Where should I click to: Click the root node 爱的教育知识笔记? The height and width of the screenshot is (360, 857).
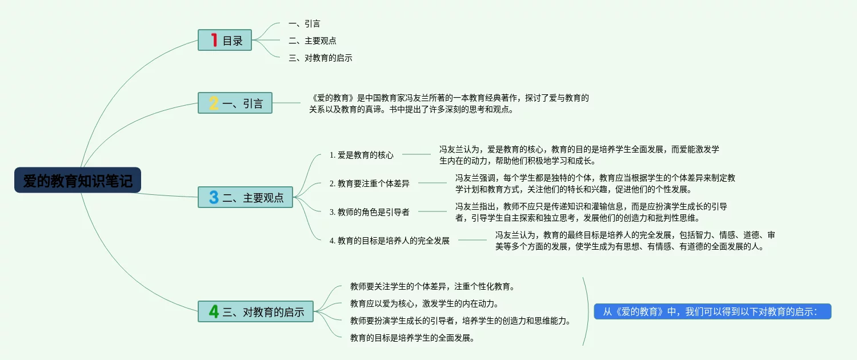[78, 180]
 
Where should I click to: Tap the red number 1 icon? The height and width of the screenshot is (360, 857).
[214, 40]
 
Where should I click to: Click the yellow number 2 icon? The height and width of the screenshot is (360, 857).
[214, 103]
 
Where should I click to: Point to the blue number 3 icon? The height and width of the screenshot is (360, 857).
[214, 198]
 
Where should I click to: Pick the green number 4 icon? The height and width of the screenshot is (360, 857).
[214, 312]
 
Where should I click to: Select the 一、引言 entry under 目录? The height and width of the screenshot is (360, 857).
[304, 23]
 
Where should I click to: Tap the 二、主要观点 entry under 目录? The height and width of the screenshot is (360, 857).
[312, 41]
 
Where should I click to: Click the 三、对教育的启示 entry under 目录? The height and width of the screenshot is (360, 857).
[320, 58]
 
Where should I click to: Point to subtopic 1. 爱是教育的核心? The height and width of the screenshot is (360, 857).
[362, 155]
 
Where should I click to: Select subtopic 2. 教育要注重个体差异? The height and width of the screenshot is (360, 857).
[370, 183]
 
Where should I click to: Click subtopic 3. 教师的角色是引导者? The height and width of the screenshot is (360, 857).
[370, 212]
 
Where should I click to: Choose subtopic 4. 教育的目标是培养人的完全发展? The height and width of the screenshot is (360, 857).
[390, 241]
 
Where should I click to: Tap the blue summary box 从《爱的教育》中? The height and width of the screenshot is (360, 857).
[712, 311]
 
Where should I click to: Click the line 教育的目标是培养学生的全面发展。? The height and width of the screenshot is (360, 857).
[413, 338]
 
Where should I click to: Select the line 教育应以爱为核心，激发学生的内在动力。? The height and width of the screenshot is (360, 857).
[425, 303]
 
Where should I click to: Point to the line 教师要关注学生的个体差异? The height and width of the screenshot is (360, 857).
[432, 286]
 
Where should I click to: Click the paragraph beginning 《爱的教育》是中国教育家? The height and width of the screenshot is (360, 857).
[449, 103]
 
